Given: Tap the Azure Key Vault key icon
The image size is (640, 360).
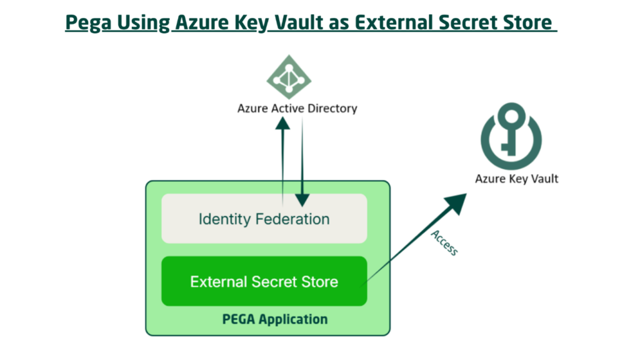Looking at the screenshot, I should (511, 133).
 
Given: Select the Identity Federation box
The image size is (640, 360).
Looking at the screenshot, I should (264, 219).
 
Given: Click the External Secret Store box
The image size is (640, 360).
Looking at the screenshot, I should (264, 281).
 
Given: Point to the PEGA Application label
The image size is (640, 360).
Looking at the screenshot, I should (274, 319).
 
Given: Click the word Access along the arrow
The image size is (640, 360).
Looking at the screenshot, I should (444, 242).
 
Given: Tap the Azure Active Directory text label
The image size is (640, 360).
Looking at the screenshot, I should (297, 108).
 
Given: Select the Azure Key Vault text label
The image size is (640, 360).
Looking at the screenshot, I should (516, 179).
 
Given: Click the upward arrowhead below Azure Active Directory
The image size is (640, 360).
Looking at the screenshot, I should (282, 126).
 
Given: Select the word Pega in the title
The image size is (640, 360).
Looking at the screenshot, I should (86, 22).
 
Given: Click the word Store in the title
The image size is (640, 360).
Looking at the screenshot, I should (525, 22).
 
